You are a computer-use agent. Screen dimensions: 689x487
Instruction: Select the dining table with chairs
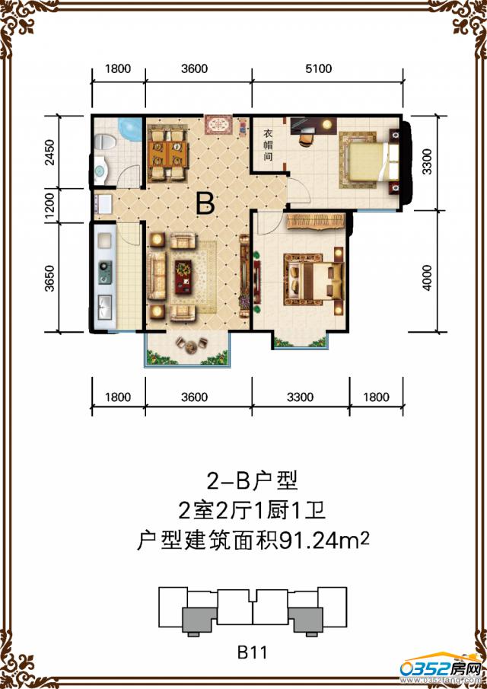167,149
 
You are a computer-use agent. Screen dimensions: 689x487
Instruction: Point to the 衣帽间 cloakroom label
268,145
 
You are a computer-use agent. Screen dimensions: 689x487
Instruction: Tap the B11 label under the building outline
251,652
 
